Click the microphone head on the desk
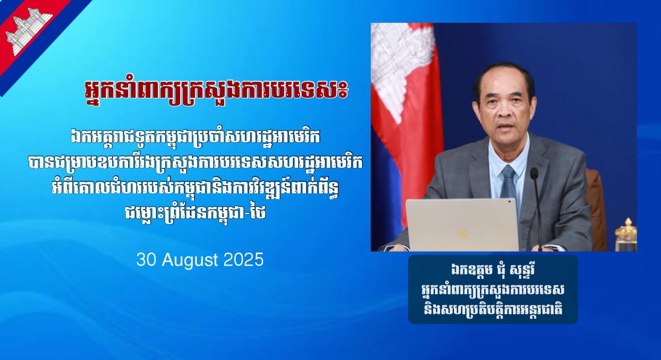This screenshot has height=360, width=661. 534,174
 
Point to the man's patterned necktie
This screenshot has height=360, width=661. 509,183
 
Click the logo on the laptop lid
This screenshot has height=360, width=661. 462,234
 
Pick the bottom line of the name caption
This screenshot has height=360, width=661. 493,310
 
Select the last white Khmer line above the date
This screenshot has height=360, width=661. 195,213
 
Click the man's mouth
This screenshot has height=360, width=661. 506,127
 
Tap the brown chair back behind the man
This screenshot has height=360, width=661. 595,207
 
